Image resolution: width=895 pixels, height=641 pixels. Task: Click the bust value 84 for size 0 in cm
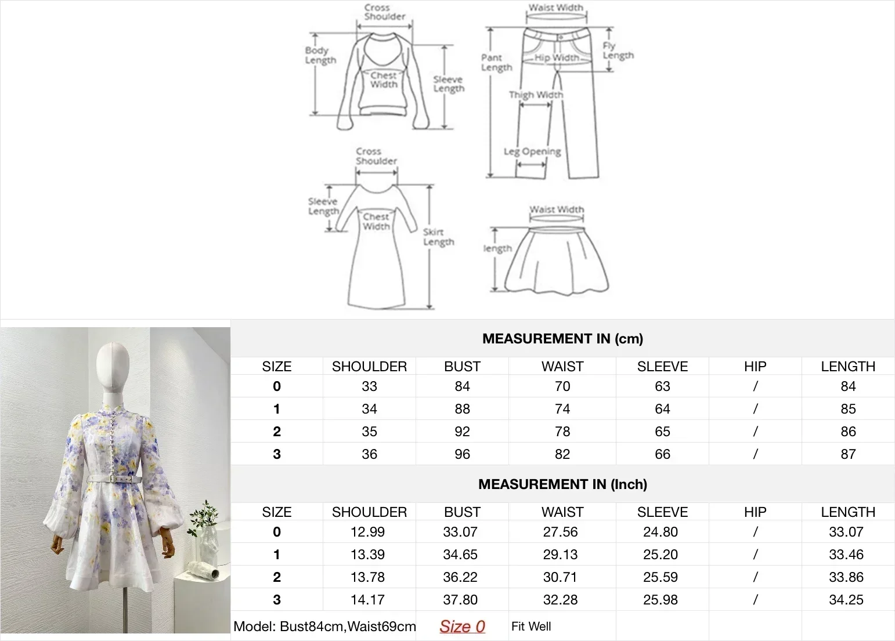(x=462, y=386)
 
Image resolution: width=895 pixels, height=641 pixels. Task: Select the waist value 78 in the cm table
(x=562, y=432)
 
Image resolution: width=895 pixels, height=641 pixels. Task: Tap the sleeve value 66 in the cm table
(x=662, y=454)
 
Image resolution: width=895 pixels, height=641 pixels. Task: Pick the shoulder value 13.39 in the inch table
(x=367, y=555)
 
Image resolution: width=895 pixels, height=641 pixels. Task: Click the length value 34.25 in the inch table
(x=846, y=600)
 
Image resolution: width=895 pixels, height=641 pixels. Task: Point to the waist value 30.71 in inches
(x=560, y=577)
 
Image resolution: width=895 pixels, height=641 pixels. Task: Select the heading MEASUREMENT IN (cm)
(x=562, y=339)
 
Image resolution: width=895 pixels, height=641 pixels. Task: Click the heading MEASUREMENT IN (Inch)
(x=562, y=484)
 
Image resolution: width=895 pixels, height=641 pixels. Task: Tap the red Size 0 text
(x=462, y=626)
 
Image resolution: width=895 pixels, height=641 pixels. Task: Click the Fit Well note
(x=531, y=626)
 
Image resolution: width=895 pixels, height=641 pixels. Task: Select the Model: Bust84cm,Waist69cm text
(x=324, y=626)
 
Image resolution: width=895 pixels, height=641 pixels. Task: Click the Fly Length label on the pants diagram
(x=618, y=51)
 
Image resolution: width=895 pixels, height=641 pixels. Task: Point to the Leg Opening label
(x=532, y=152)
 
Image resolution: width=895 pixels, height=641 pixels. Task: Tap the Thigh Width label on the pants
(x=536, y=95)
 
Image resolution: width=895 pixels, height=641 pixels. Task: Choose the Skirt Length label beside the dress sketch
(x=438, y=237)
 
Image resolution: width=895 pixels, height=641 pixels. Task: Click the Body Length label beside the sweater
(x=320, y=55)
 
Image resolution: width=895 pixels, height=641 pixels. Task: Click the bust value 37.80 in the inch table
(x=460, y=600)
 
